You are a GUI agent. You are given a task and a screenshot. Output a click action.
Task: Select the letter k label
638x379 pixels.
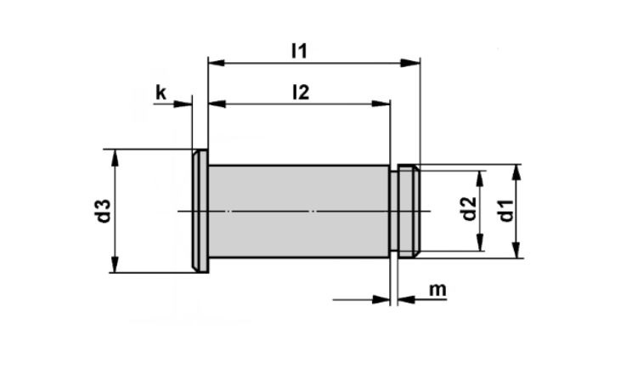click(x=161, y=93)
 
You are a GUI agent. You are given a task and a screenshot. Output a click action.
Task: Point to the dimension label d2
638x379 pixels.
click(x=468, y=210)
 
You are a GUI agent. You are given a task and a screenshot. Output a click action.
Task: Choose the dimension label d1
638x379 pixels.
click(x=506, y=210)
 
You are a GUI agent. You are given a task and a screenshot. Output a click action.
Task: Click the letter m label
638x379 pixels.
click(x=438, y=290)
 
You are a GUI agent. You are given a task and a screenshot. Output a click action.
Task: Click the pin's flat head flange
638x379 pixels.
click(x=200, y=211)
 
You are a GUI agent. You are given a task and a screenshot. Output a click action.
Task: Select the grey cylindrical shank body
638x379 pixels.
click(x=298, y=211)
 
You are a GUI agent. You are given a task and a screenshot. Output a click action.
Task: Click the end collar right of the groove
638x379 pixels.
click(x=409, y=211)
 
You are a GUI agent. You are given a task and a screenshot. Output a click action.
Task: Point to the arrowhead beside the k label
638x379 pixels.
click(x=185, y=104)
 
